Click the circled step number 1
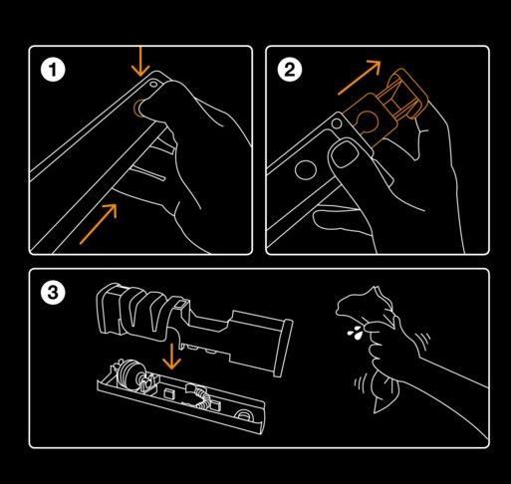(53, 70)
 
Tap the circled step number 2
(290, 70)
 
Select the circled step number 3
(53, 293)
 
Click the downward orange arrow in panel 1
(140, 62)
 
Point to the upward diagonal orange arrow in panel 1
(99, 224)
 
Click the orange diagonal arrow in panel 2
(360, 78)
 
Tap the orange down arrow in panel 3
(171, 357)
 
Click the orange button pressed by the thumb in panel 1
(136, 108)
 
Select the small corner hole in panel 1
(153, 84)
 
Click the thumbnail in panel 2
(346, 154)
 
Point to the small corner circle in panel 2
(337, 124)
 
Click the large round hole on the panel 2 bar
(306, 170)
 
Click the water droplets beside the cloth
(356, 332)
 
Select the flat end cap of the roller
(283, 348)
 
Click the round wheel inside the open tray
(127, 372)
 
